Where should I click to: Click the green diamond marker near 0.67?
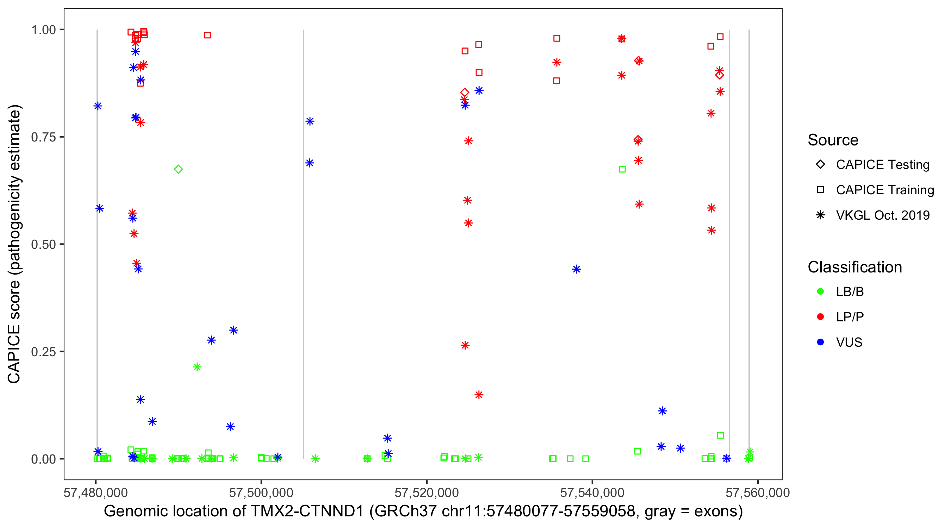click(x=178, y=169)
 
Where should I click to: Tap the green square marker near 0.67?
click(x=622, y=169)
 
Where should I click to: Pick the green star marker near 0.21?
click(x=197, y=367)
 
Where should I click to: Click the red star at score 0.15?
click(x=479, y=395)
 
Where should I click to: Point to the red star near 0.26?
click(x=465, y=345)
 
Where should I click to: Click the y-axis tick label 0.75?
click(x=43, y=137)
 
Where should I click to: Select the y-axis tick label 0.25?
click(x=43, y=352)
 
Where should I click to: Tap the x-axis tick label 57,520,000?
click(x=427, y=492)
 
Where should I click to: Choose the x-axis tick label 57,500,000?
click(x=261, y=492)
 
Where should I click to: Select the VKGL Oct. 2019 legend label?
click(x=883, y=215)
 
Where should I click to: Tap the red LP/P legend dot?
click(x=820, y=317)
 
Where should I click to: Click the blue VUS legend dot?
click(x=820, y=342)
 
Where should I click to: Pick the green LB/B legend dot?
click(x=820, y=291)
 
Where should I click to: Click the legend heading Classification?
click(x=854, y=267)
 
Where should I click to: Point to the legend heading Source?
click(x=833, y=140)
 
